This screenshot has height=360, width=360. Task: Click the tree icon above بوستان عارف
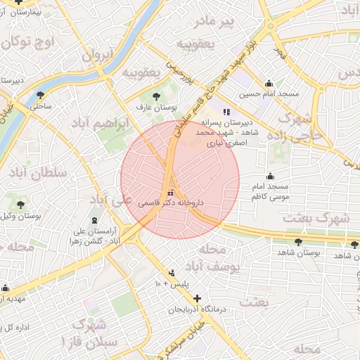pyautogui.click(x=156, y=96)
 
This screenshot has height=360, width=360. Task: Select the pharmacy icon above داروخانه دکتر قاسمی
pyautogui.click(x=170, y=192)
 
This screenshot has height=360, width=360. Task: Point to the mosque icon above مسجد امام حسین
pyautogui.click(x=268, y=83)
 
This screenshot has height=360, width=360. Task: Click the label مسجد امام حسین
pyautogui.click(x=269, y=94)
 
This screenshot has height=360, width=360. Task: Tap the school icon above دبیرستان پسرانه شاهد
pyautogui.click(x=226, y=111)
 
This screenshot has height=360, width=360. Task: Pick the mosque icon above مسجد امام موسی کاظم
pyautogui.click(x=269, y=176)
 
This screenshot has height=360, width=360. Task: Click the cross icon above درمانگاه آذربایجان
pyautogui.click(x=197, y=298)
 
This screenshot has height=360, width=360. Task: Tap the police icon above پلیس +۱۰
pyautogui.click(x=172, y=273)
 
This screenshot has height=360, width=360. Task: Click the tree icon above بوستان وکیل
pyautogui.click(x=20, y=204)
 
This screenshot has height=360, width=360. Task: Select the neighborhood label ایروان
pyautogui.click(x=97, y=56)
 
